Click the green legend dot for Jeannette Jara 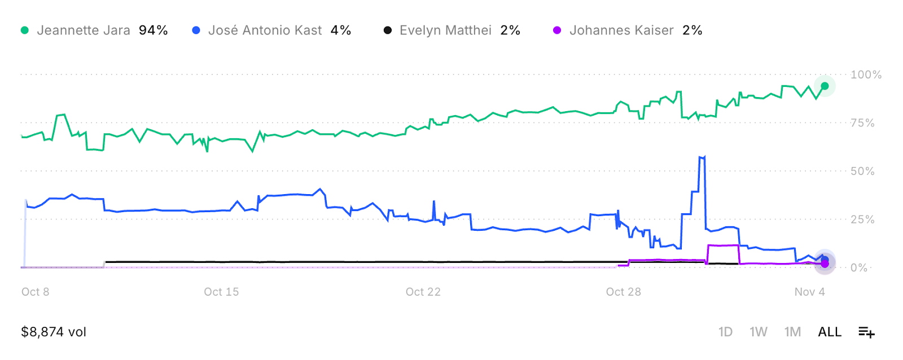click(24, 30)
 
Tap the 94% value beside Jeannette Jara click(153, 30)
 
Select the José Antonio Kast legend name click(265, 30)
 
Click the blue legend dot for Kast click(196, 30)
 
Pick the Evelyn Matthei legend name click(445, 30)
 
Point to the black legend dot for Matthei click(387, 30)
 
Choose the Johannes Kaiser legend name click(621, 30)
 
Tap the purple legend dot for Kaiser click(557, 30)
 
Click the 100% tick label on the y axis click(866, 74)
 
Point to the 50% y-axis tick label click(862, 171)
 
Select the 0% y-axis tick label click(859, 267)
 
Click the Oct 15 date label click(221, 292)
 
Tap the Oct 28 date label click(623, 292)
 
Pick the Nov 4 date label click(809, 292)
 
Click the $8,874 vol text click(54, 332)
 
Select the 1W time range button click(758, 332)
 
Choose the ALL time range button click(830, 332)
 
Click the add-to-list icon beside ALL click(866, 332)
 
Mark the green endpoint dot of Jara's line click(825, 86)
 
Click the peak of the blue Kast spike click(703, 157)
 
